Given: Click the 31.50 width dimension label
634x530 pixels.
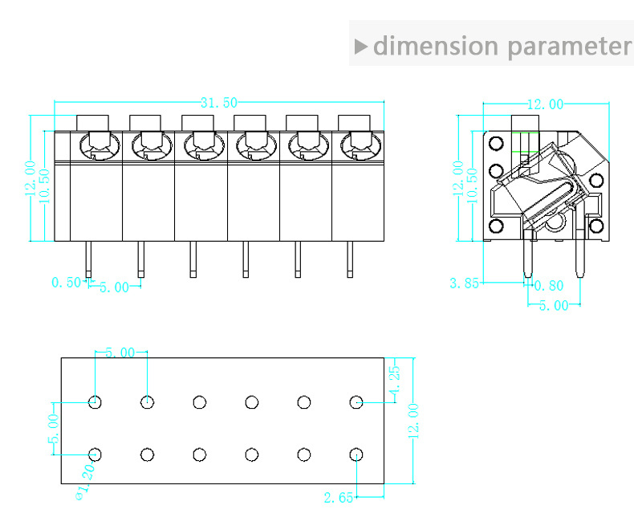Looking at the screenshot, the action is tap(219, 103).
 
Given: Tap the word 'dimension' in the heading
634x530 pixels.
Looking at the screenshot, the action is tap(436, 45).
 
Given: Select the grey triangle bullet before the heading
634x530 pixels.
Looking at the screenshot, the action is tap(360, 46).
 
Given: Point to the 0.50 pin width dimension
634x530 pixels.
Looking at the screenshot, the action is tap(67, 282).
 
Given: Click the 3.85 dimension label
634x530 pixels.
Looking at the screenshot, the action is tap(464, 283).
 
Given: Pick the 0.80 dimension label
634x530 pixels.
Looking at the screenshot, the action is tap(549, 286).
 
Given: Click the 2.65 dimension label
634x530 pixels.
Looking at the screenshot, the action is tap(339, 497).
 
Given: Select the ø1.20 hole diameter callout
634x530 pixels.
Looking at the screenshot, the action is tap(86, 481).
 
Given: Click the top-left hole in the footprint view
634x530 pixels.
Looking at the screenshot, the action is tap(95, 402).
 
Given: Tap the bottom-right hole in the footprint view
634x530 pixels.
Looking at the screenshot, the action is tap(356, 455).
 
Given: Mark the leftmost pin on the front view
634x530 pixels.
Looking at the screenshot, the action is tap(88, 259).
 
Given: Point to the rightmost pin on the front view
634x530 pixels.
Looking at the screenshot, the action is tap(350, 259).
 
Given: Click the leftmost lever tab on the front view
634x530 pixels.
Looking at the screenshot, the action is tap(92, 123).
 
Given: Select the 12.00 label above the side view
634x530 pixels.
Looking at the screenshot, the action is tap(546, 104).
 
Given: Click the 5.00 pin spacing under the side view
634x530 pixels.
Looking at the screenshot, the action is tap(554, 305).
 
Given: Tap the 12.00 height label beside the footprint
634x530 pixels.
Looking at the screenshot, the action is tap(413, 421).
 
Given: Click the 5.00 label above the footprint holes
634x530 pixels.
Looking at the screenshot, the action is tap(120, 353).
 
